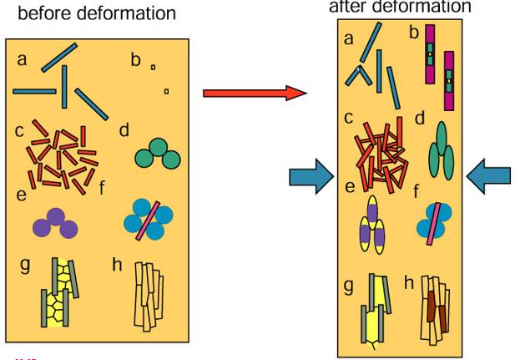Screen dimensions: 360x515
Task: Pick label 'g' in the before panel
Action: click(25, 266)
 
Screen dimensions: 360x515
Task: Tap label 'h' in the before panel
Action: click(118, 265)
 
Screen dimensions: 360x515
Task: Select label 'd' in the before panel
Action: click(124, 131)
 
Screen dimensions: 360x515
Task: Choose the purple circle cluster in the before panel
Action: click(55, 223)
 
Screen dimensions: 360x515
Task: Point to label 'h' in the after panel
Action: click(409, 283)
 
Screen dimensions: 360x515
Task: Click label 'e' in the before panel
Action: click(20, 195)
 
